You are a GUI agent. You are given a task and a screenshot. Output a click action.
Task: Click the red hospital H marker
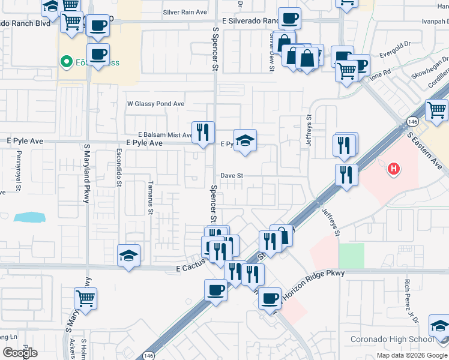tap(394, 170)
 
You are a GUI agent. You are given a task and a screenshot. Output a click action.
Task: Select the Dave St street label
tap(231, 176)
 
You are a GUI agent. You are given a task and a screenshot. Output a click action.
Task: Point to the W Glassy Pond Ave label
tap(155, 104)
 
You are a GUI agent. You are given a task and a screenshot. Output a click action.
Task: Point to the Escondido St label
tap(119, 172)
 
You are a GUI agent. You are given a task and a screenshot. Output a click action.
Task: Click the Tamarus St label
tap(151, 198)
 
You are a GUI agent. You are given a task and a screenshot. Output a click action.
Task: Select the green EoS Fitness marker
tap(65, 61)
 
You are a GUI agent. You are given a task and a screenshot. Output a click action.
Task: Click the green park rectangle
tap(351, 256)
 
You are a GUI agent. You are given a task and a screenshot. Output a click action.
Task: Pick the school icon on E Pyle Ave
tap(244, 142)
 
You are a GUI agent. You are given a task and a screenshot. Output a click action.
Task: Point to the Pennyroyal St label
tap(19, 172)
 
